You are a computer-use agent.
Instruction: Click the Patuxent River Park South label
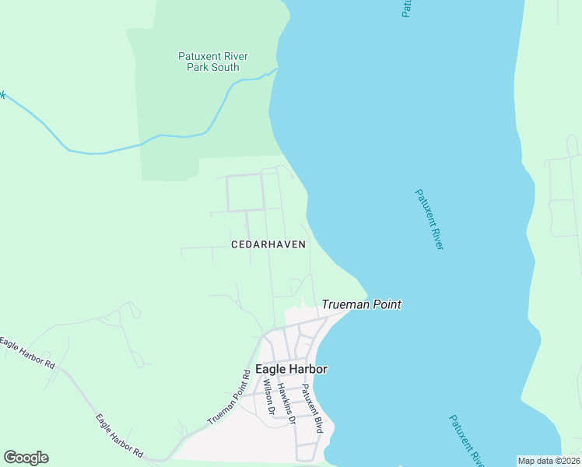coord(212,61)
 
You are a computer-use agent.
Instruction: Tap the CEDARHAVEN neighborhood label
coord(268,244)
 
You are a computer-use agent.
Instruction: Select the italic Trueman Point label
coord(362,304)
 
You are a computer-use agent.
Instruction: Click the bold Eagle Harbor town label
coord(291,369)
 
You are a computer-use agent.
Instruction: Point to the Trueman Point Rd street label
coord(229,397)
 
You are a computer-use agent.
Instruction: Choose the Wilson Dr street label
coord(269,396)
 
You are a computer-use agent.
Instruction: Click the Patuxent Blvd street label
coord(312,409)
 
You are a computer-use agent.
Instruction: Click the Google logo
coord(26,458)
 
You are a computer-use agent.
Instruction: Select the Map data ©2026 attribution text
coord(549,461)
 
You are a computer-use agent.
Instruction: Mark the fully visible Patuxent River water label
coord(429,219)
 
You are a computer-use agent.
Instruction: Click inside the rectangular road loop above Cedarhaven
coord(244,192)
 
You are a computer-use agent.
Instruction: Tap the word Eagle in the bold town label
coord(270,369)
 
